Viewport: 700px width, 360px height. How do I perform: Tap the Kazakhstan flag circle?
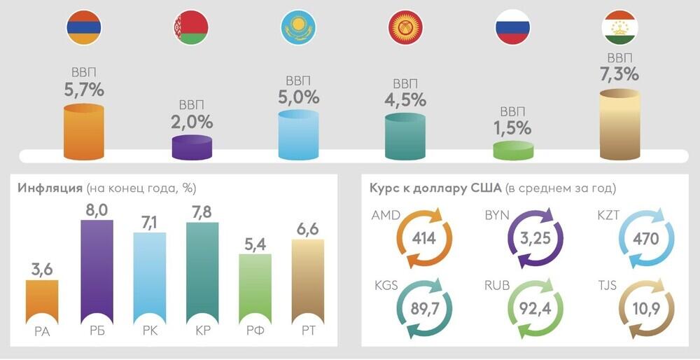pyautogui.click(x=298, y=29)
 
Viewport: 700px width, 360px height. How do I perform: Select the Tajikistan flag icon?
pyautogui.click(x=619, y=29)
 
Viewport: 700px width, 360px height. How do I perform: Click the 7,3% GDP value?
pyautogui.click(x=619, y=74)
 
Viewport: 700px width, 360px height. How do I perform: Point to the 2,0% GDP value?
pyautogui.click(x=192, y=121)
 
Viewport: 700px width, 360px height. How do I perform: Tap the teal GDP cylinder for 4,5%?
pyautogui.click(x=405, y=136)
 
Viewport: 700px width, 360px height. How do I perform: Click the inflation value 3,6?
pyautogui.click(x=42, y=268)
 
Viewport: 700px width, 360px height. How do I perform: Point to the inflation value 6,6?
pyautogui.click(x=307, y=228)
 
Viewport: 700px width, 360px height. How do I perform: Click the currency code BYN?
pyautogui.click(x=496, y=215)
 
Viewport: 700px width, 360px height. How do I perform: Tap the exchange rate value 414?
pyautogui.click(x=423, y=238)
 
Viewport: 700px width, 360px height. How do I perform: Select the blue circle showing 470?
pyautogui.click(x=645, y=238)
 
